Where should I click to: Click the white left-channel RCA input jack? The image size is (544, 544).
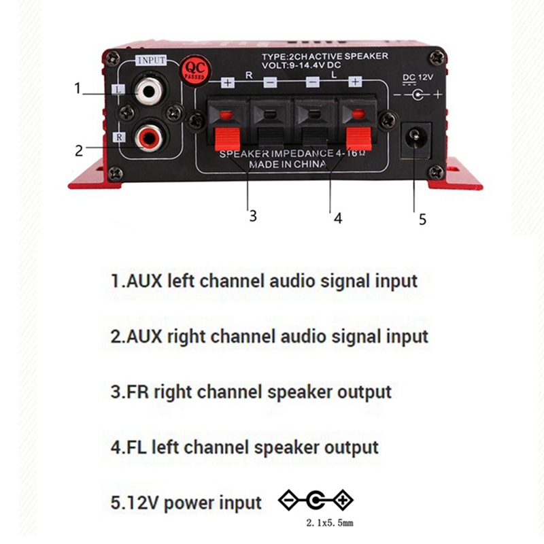pyautogui.click(x=148, y=92)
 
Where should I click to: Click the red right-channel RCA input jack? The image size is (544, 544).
pyautogui.click(x=149, y=138)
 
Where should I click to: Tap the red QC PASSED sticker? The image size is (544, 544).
pyautogui.click(x=194, y=71)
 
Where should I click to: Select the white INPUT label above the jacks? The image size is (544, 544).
pyautogui.click(x=151, y=60)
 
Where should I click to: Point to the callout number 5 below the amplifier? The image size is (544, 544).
pyautogui.click(x=422, y=219)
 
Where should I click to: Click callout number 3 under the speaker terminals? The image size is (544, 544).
pyautogui.click(x=253, y=216)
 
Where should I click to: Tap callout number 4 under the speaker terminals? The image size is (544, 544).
pyautogui.click(x=338, y=218)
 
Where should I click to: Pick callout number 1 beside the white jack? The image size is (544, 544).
pyautogui.click(x=78, y=88)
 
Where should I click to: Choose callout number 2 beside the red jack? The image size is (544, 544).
pyautogui.click(x=79, y=150)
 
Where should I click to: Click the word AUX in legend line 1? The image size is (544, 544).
pyautogui.click(x=144, y=281)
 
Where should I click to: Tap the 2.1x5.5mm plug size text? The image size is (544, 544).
pyautogui.click(x=330, y=522)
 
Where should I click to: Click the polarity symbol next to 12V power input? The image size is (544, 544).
pyautogui.click(x=316, y=500)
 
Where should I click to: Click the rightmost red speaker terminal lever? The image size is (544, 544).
pyautogui.click(x=359, y=138)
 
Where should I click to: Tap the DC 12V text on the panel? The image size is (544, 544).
pyautogui.click(x=418, y=78)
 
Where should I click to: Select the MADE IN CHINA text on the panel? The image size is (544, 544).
pyautogui.click(x=288, y=164)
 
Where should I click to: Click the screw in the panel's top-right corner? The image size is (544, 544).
pyautogui.click(x=437, y=58)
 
